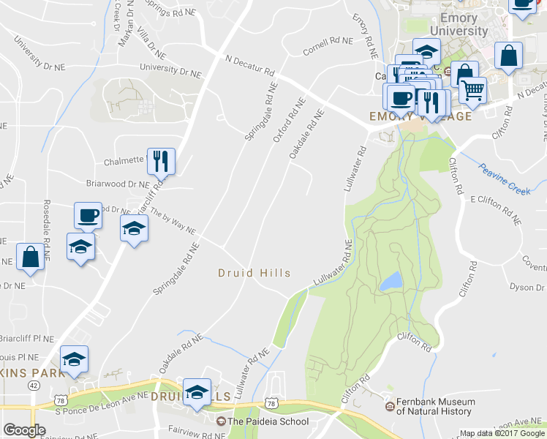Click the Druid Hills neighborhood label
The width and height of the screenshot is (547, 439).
(254, 273)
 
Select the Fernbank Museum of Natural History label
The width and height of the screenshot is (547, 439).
(436, 407)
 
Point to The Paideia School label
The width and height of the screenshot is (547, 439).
(268, 421)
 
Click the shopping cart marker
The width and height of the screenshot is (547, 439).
(473, 90)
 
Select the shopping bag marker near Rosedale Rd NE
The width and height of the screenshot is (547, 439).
(30, 258)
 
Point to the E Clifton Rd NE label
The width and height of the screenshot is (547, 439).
(496, 209)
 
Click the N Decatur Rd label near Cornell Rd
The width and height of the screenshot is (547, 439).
(250, 66)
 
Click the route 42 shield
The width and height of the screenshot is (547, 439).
(34, 384)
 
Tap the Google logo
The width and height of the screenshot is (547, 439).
(25, 430)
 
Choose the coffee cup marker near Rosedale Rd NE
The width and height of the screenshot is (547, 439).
(88, 216)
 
